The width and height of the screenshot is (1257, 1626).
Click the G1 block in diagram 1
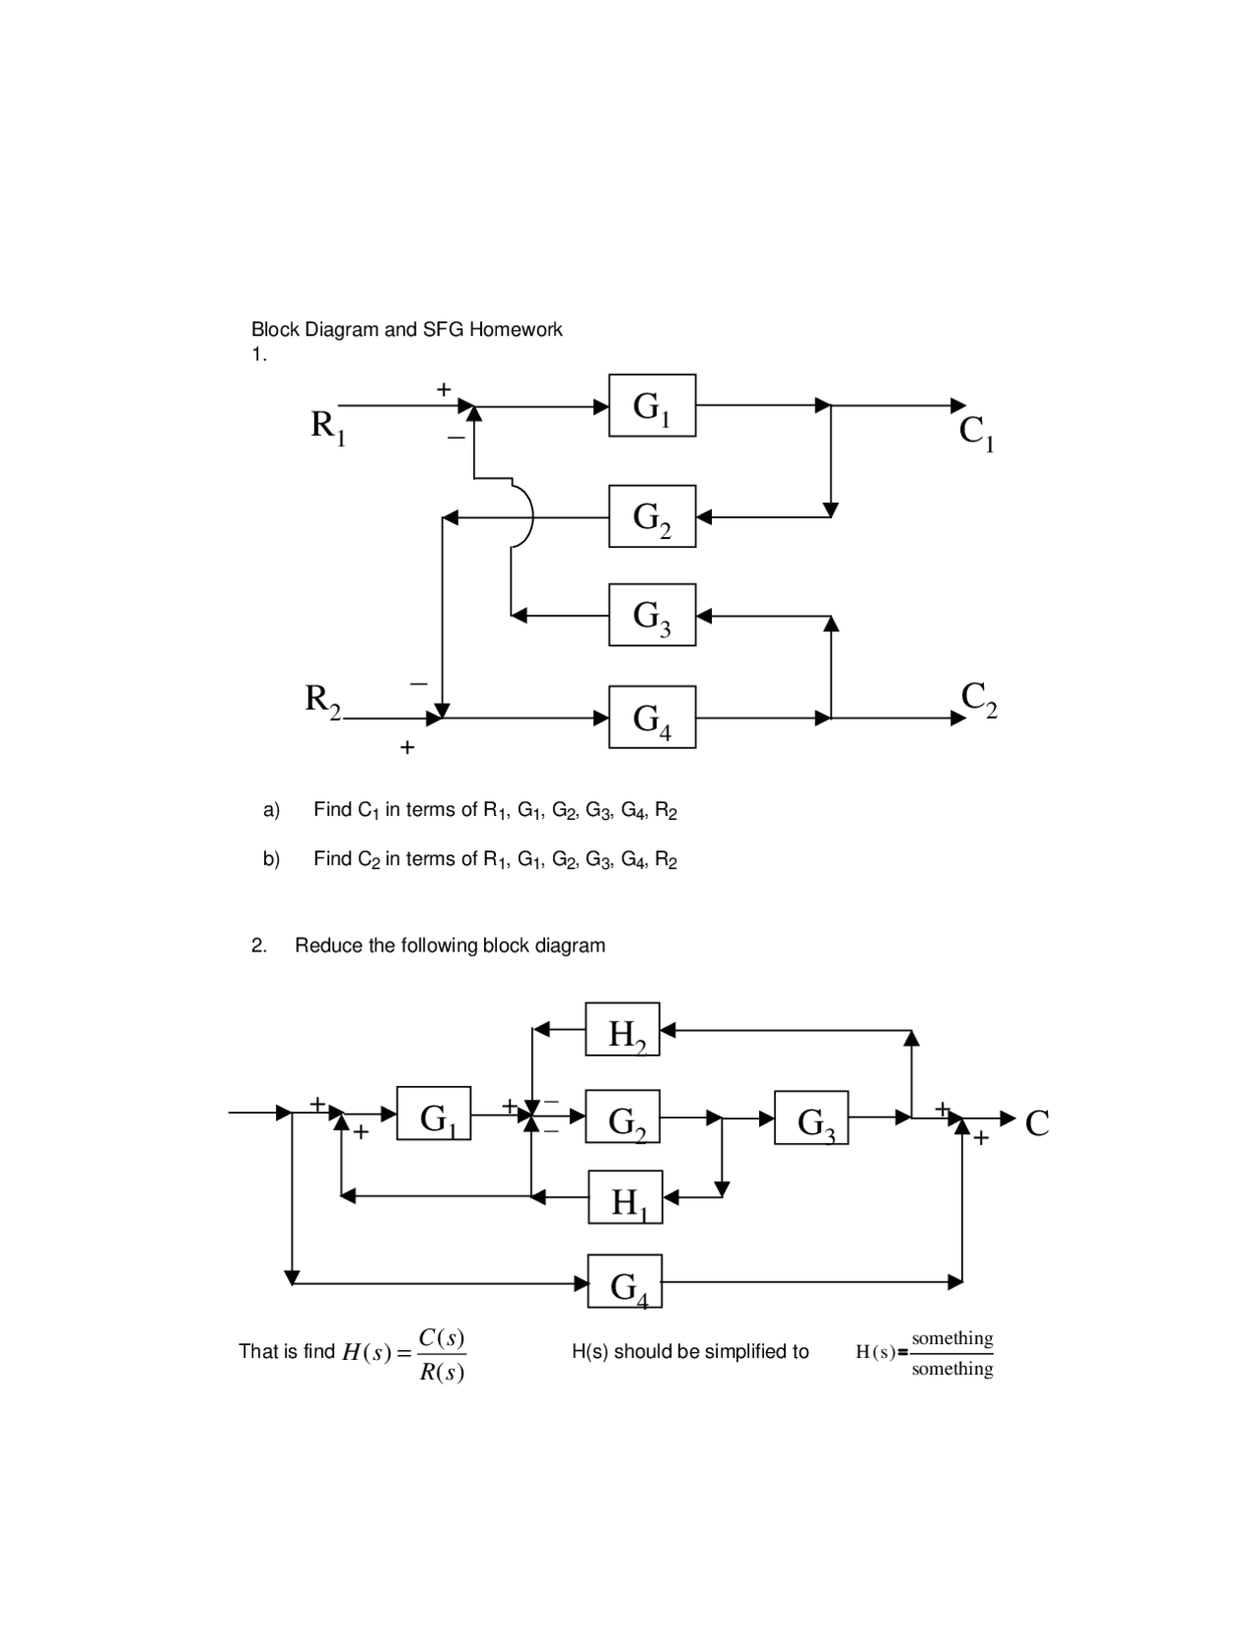point(651,405)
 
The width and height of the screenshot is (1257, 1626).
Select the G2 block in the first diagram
point(651,515)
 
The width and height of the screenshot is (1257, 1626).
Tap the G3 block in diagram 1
point(651,615)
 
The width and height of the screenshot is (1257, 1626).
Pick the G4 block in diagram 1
point(651,717)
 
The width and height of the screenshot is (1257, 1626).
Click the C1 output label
point(976,432)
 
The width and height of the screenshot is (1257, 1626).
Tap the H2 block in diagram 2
point(623,1030)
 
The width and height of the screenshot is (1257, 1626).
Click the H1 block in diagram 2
point(626,1197)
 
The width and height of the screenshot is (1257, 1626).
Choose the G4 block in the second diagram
point(626,1281)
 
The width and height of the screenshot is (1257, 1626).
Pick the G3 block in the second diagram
point(811,1117)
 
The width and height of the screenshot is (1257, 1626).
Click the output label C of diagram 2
point(1037,1122)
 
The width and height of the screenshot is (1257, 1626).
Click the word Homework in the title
point(516,330)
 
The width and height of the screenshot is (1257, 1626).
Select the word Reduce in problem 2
point(328,946)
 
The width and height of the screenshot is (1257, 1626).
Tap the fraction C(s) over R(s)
point(441,1354)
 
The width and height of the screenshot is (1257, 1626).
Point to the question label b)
point(271,859)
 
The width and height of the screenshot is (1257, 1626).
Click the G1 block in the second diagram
point(434,1113)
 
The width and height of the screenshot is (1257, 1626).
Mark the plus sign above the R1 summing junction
point(444,389)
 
